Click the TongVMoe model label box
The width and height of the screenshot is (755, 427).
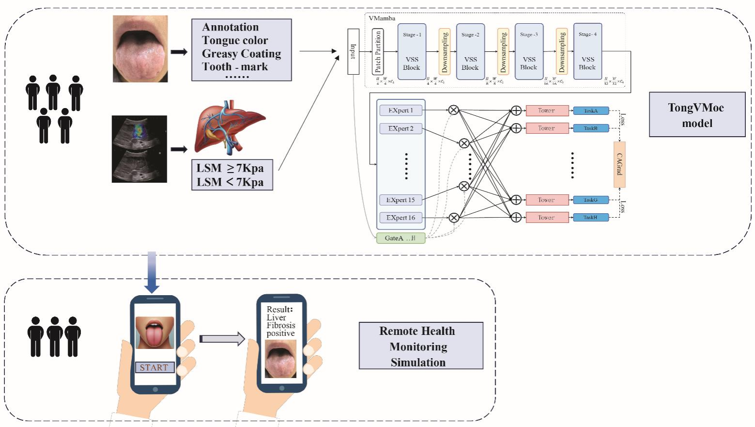tap(697, 115)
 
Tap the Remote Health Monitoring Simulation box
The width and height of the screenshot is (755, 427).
tap(421, 346)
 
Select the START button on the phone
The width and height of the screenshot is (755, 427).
tap(155, 367)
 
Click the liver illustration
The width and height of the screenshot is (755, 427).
tap(229, 127)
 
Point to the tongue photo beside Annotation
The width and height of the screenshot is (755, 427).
tap(140, 48)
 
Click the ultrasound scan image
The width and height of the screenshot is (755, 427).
tap(140, 149)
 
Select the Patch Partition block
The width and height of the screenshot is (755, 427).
tap(378, 51)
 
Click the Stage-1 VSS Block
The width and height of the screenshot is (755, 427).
tap(412, 51)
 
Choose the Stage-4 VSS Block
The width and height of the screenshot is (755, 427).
tap(587, 51)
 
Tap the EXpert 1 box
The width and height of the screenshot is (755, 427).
tap(401, 111)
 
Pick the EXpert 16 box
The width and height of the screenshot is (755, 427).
tap(401, 218)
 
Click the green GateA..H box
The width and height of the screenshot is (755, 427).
tap(400, 238)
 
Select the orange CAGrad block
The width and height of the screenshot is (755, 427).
tap(619, 164)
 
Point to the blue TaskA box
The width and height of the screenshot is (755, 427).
tap(591, 111)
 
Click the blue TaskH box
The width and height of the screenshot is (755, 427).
tap(591, 218)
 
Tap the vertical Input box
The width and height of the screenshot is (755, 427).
tap(353, 51)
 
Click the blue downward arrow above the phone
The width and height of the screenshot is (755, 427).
tap(152, 271)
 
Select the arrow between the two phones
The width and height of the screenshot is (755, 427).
tap(222, 338)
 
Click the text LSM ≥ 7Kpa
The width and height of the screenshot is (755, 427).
tap(230, 168)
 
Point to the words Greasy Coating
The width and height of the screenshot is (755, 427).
tap(241, 53)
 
